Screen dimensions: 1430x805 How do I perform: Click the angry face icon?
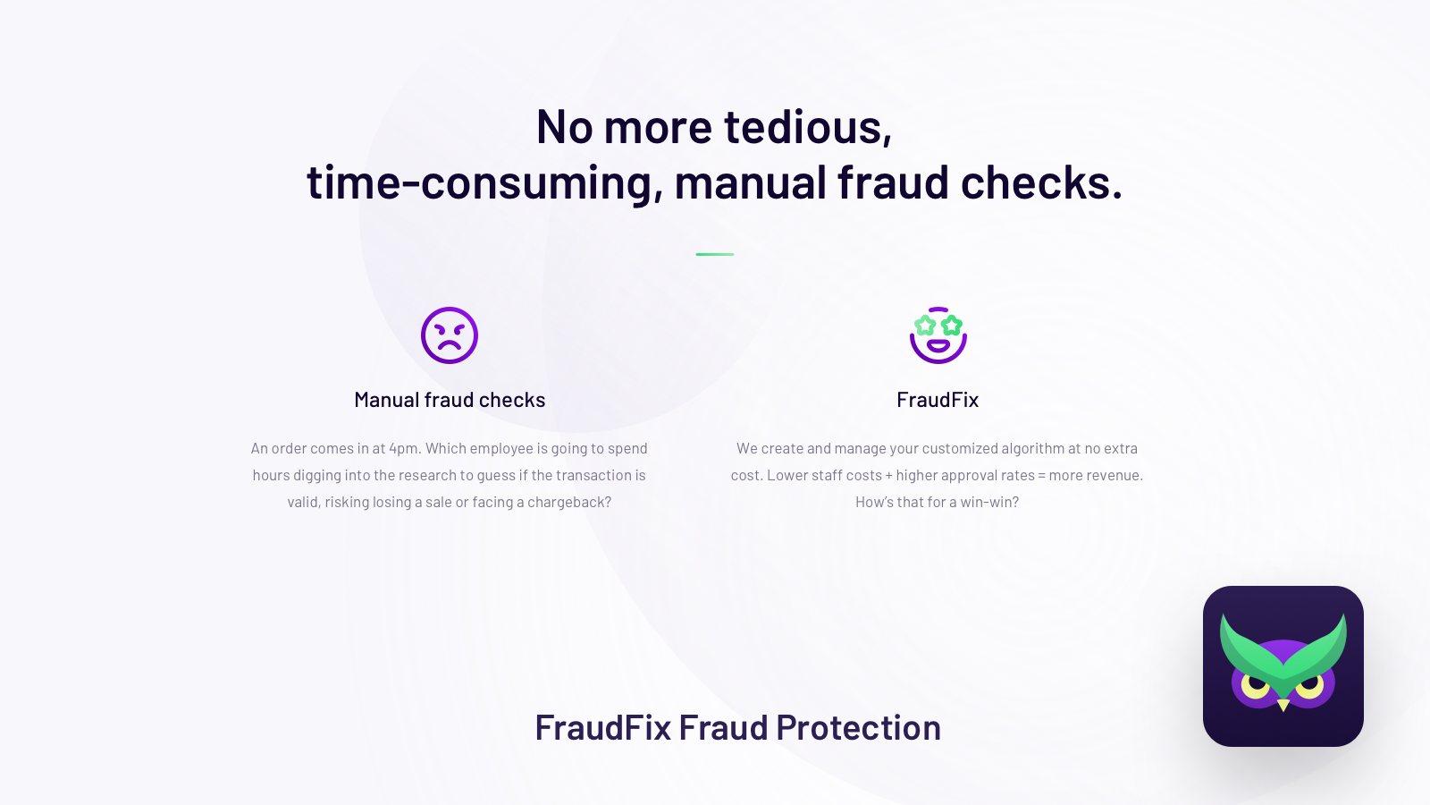pyautogui.click(x=450, y=335)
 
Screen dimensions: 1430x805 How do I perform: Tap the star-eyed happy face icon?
pyautogui.click(x=938, y=335)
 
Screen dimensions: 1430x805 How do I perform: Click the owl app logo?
pyautogui.click(x=1283, y=665)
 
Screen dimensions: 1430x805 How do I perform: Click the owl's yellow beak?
pyautogui.click(x=1283, y=706)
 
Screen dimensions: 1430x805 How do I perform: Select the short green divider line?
pyautogui.click(x=715, y=254)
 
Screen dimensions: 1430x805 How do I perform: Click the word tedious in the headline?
pyautogui.click(x=807, y=126)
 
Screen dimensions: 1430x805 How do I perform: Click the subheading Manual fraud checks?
pyautogui.click(x=450, y=399)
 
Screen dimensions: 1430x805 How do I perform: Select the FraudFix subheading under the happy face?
pyautogui.click(x=938, y=399)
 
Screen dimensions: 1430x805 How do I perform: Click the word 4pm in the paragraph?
pyautogui.click(x=405, y=448)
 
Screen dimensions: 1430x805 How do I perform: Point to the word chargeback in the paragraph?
pyautogui.click(x=568, y=502)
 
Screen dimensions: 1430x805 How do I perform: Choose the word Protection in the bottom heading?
pyautogui.click(x=859, y=727)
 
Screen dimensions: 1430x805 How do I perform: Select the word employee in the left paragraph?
pyautogui.click(x=501, y=448)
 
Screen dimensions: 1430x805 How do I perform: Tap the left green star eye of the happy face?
pyautogui.click(x=925, y=326)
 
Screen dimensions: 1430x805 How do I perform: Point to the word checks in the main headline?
pyautogui.click(x=1041, y=182)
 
